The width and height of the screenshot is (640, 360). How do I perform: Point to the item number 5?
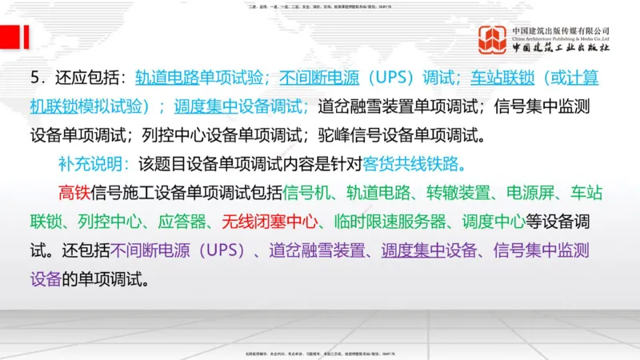[35, 79]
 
